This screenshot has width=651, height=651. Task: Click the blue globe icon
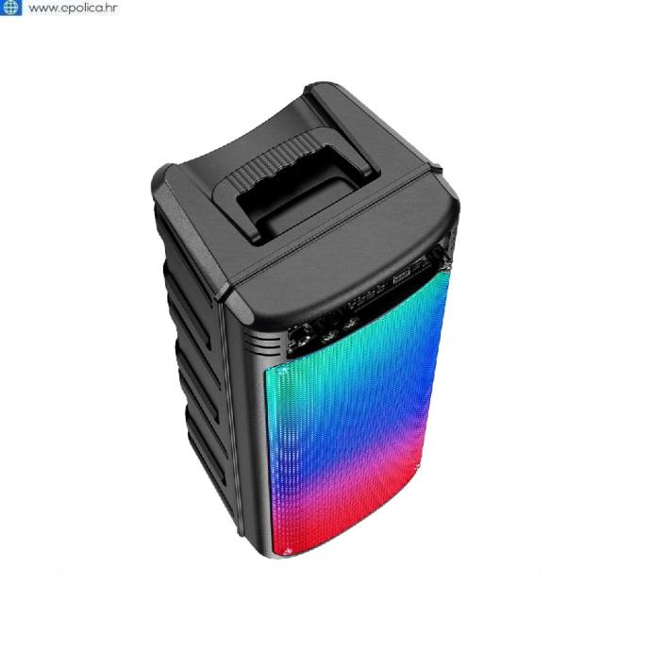[10, 7]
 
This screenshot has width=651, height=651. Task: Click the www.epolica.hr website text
[73, 8]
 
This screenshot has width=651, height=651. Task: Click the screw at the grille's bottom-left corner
[288, 551]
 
